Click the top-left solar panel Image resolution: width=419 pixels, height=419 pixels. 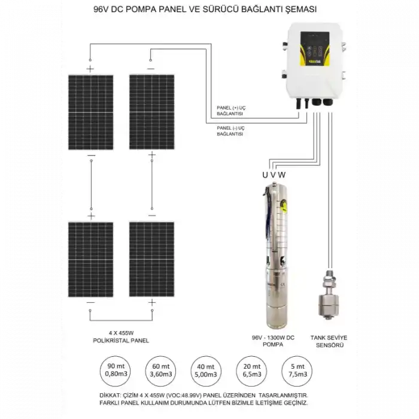(x=90, y=113)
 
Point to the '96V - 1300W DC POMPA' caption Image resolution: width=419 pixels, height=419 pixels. (x=273, y=341)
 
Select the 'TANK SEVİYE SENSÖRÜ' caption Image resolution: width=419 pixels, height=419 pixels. (x=329, y=341)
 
